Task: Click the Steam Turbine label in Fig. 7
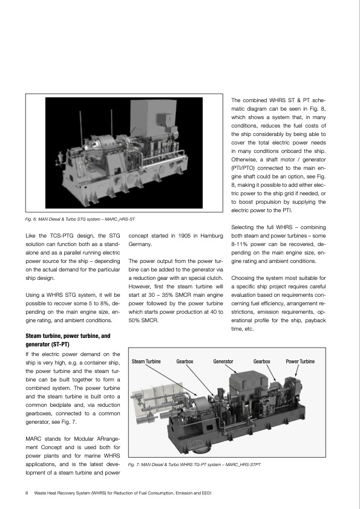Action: click(x=146, y=361)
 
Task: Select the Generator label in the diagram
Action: click(x=223, y=361)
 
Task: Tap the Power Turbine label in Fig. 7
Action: click(x=300, y=361)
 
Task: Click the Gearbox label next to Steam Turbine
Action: click(x=185, y=361)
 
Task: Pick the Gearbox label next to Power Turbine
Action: click(x=261, y=361)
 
